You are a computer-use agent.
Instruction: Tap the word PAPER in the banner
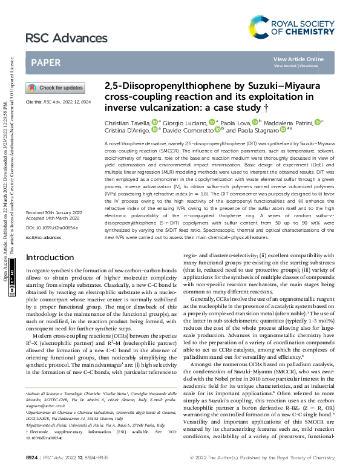45,62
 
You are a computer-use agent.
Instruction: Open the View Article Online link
298,59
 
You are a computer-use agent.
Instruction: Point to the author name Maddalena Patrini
290,122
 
